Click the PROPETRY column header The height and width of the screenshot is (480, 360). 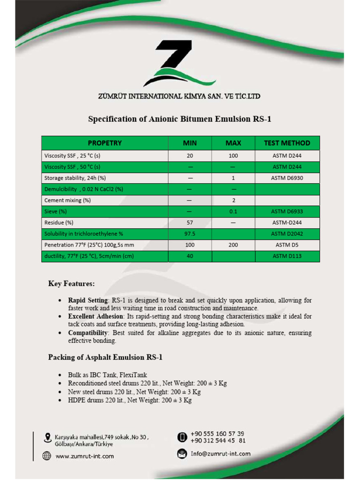[x=105, y=143]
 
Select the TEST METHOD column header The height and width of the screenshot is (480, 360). [x=287, y=143]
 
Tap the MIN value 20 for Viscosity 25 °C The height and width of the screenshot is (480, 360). [x=189, y=156]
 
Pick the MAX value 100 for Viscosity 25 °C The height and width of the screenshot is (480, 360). [x=233, y=156]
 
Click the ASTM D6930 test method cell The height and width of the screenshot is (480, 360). [x=287, y=178]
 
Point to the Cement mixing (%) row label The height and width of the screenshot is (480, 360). [x=67, y=200]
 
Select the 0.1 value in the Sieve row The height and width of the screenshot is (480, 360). [x=233, y=211]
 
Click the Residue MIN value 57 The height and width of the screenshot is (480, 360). [x=189, y=223]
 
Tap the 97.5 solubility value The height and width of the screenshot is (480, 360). [x=189, y=234]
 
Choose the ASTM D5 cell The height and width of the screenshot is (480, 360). [x=287, y=245]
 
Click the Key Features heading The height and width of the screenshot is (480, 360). [x=71, y=284]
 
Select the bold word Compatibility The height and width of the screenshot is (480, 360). [x=88, y=333]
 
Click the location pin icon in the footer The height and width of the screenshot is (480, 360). [x=46, y=438]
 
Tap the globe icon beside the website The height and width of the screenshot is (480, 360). [x=46, y=456]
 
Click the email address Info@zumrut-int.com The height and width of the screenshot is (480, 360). [x=220, y=454]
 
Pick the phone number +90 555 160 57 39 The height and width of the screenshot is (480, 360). [x=217, y=434]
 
